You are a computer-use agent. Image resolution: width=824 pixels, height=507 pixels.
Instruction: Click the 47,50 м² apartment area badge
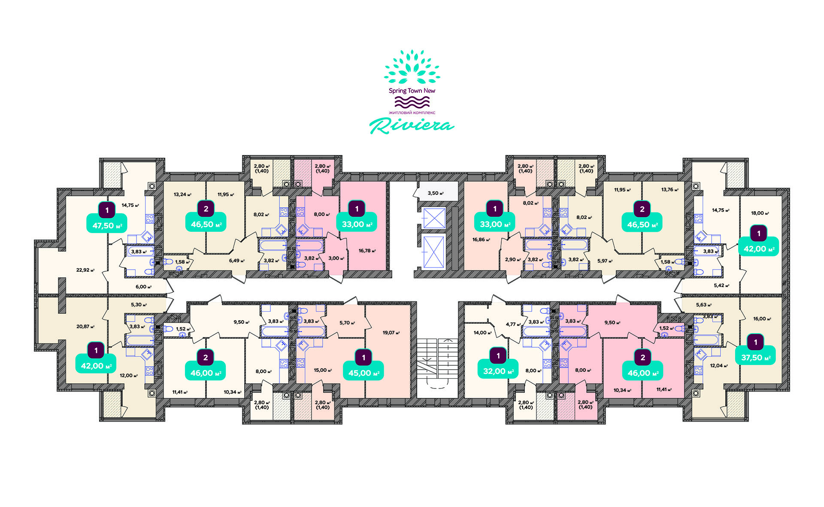click(107, 225)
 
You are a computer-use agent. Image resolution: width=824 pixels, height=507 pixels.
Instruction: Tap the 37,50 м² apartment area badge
click(756, 357)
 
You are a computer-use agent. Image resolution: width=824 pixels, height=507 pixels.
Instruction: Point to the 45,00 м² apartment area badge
click(364, 373)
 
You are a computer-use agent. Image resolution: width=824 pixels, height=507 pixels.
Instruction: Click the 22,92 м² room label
click(85, 270)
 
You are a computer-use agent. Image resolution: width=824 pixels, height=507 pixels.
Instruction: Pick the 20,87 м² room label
click(85, 326)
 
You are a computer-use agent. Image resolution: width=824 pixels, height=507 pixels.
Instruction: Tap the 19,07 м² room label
click(391, 332)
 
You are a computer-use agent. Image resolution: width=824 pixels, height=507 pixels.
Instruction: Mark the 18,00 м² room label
click(760, 213)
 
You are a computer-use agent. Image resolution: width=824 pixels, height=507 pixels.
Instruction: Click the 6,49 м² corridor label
click(237, 261)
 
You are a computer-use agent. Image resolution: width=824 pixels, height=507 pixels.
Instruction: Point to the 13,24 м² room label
click(182, 194)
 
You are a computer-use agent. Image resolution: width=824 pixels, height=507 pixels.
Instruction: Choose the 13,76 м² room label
click(670, 190)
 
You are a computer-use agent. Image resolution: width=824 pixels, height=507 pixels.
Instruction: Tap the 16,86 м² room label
click(481, 240)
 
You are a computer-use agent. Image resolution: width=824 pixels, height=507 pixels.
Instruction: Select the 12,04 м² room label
click(719, 366)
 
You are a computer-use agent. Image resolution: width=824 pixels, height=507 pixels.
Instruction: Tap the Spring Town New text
click(412, 91)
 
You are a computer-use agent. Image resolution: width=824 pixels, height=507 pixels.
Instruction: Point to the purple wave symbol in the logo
click(412, 102)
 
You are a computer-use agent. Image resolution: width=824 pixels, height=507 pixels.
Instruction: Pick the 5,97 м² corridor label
click(605, 261)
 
